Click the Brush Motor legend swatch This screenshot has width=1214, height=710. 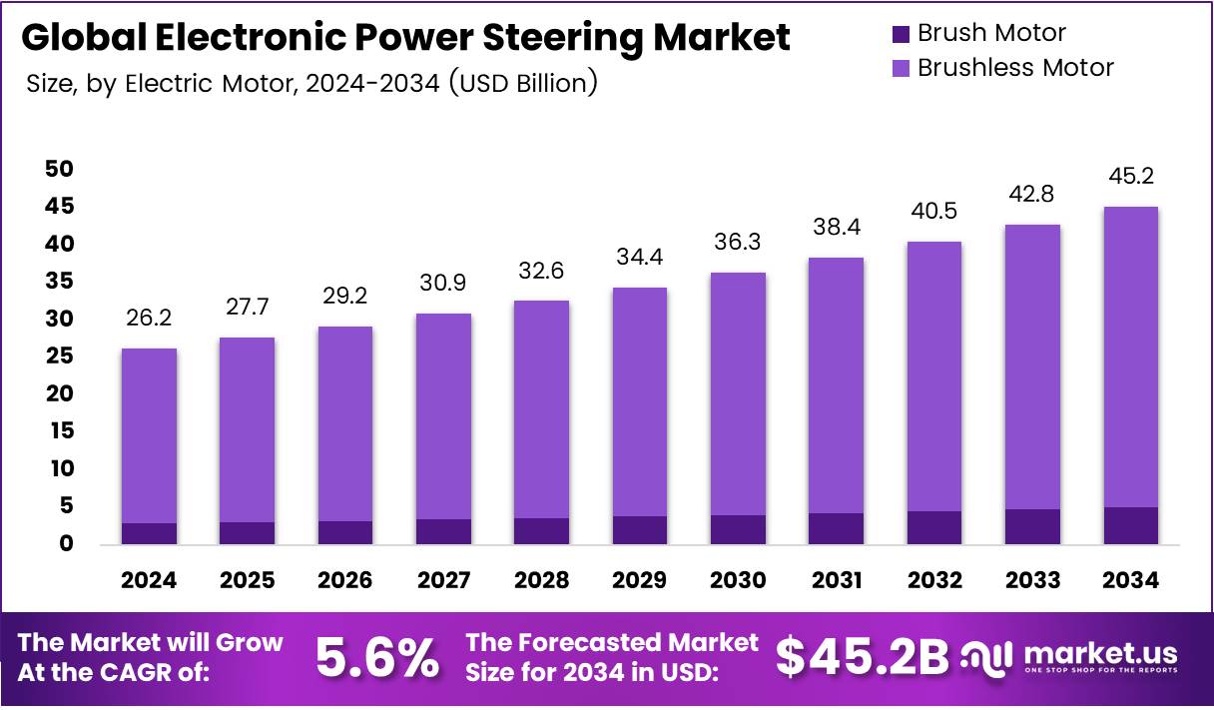(901, 34)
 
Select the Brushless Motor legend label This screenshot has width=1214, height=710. (1014, 68)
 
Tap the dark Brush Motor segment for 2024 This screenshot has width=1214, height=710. (149, 533)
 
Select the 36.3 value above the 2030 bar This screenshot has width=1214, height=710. (738, 243)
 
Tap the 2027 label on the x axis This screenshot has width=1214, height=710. (443, 580)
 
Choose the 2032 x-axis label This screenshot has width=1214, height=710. (934, 580)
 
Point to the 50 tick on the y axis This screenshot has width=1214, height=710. (59, 169)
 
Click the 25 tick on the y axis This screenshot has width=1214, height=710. (59, 356)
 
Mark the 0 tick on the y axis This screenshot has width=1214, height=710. (67, 544)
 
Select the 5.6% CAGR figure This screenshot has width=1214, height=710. (377, 657)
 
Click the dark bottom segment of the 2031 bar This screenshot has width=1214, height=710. (836, 528)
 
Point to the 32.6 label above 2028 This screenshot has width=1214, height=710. (541, 271)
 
